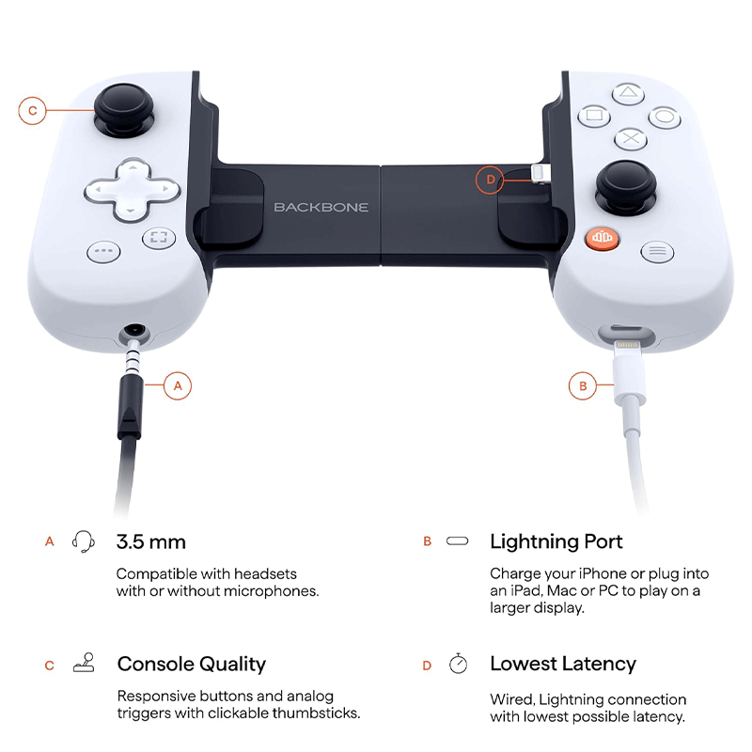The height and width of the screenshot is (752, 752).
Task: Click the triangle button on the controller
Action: coord(628,93)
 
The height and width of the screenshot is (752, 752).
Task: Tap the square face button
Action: coord(594,116)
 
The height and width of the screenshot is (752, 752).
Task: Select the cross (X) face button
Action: coord(631,139)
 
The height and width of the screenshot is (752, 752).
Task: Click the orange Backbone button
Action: coord(602,238)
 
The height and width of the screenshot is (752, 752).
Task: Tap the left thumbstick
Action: coord(124,110)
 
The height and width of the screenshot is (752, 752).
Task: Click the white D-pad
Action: coord(132,190)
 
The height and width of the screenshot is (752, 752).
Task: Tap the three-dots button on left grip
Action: coord(103,251)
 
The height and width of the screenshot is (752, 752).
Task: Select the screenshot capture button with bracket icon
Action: coord(159,238)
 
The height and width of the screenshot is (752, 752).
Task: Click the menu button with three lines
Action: coord(657,251)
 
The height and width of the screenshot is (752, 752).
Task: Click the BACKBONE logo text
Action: coord(321,207)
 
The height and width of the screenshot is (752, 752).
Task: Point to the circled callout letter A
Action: coord(178,385)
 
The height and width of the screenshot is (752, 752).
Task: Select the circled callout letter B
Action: coord(583,385)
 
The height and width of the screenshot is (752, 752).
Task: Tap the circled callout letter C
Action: coord(32,111)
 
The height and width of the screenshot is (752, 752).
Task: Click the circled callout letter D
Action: coord(490,180)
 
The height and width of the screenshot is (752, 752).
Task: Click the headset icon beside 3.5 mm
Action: coord(83,541)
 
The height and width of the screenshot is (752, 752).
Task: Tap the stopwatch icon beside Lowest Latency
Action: coord(458,664)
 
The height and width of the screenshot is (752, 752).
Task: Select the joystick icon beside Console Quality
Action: coord(84,663)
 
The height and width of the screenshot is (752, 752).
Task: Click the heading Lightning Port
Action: coord(556,541)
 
